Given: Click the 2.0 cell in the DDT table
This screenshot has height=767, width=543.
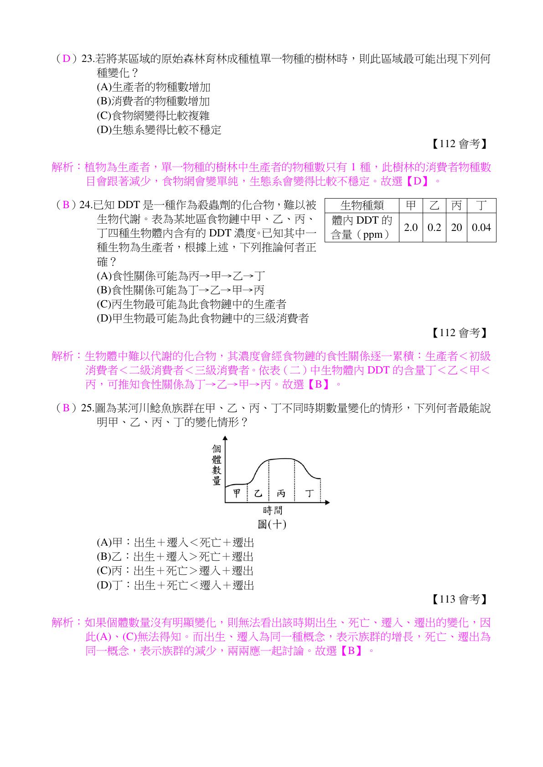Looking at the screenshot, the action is coord(411,227).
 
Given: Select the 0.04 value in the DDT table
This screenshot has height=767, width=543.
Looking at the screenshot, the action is coord(481,227).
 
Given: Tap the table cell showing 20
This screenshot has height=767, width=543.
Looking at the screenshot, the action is coord(456,227).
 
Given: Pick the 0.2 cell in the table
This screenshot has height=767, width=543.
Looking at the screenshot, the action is coord(434,227).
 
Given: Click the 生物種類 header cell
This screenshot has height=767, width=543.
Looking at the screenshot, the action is coord(362,205).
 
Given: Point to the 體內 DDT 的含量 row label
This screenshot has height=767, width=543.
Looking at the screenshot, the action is coord(362,227).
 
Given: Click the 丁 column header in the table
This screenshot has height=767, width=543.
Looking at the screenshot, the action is coord(481,205).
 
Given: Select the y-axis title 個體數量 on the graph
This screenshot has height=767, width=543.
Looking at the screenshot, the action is coord(217,465).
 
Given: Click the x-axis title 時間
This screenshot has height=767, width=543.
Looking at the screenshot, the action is coord(273,510).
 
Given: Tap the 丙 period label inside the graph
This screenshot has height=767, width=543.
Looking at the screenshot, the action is coord(281,493).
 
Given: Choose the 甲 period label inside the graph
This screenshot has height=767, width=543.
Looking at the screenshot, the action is coord(237,493).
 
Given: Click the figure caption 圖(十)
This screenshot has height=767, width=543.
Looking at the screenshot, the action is coord(272,524).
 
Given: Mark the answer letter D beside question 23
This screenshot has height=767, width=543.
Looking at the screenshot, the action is coord(67,59).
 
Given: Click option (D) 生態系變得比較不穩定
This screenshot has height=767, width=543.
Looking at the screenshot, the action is coord(159,130).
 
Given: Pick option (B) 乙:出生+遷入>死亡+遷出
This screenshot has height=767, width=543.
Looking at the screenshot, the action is coord(175,557).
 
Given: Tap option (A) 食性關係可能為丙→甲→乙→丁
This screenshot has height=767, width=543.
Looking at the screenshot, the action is coord(181,276).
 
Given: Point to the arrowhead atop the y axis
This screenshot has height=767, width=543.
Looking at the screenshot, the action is coord(225,439).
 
